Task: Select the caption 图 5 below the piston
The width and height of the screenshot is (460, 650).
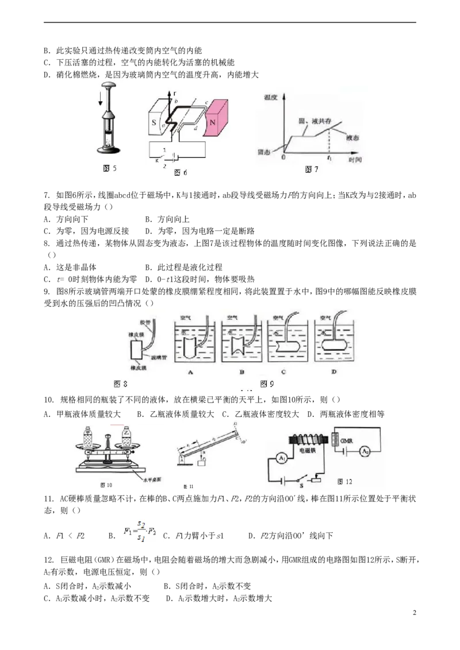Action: (x=109, y=168)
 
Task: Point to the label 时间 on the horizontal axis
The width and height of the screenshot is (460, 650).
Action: (x=356, y=160)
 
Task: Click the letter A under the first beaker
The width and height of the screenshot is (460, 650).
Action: (x=189, y=372)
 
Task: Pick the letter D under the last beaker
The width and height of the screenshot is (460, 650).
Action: (x=333, y=372)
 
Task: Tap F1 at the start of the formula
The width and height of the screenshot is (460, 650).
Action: (x=128, y=531)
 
